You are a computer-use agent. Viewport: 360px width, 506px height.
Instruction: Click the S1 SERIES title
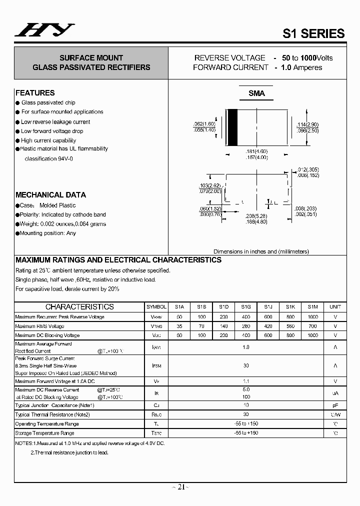pyautogui.click(x=313, y=33)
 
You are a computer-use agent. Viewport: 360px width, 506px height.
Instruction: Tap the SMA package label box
pyautogui.click(x=256, y=93)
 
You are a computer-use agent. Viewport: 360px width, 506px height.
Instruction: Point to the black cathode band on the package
pyautogui.click(x=232, y=127)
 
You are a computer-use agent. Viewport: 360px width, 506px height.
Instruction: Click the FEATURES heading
pyautogui.click(x=35, y=93)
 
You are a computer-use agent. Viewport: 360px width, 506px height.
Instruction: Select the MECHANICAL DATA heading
pyautogui.click(x=50, y=195)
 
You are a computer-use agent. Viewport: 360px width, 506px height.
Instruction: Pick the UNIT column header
pyautogui.click(x=335, y=307)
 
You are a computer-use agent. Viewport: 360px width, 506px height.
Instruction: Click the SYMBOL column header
pyautogui.click(x=156, y=307)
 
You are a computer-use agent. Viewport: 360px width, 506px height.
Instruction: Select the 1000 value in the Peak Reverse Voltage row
pyautogui.click(x=312, y=317)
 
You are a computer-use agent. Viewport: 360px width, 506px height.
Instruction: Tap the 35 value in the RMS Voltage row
pyautogui.click(x=179, y=326)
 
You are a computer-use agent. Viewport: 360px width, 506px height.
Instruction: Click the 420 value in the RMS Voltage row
pyautogui.click(x=268, y=326)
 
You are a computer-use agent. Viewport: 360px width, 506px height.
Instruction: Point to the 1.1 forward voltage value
pyautogui.click(x=246, y=381)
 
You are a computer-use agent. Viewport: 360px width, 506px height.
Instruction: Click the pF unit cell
pyautogui.click(x=335, y=405)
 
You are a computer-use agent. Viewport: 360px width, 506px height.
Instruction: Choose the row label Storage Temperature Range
pyautogui.click(x=45, y=433)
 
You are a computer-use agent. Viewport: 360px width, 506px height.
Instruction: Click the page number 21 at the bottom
pyautogui.click(x=181, y=487)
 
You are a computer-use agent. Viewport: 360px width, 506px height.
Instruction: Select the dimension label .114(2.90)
pyautogui.click(x=308, y=124)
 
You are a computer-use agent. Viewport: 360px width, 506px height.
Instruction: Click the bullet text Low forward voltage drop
pyautogui.click(x=52, y=131)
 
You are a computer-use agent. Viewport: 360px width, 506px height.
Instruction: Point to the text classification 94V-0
pyautogui.click(x=48, y=158)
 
